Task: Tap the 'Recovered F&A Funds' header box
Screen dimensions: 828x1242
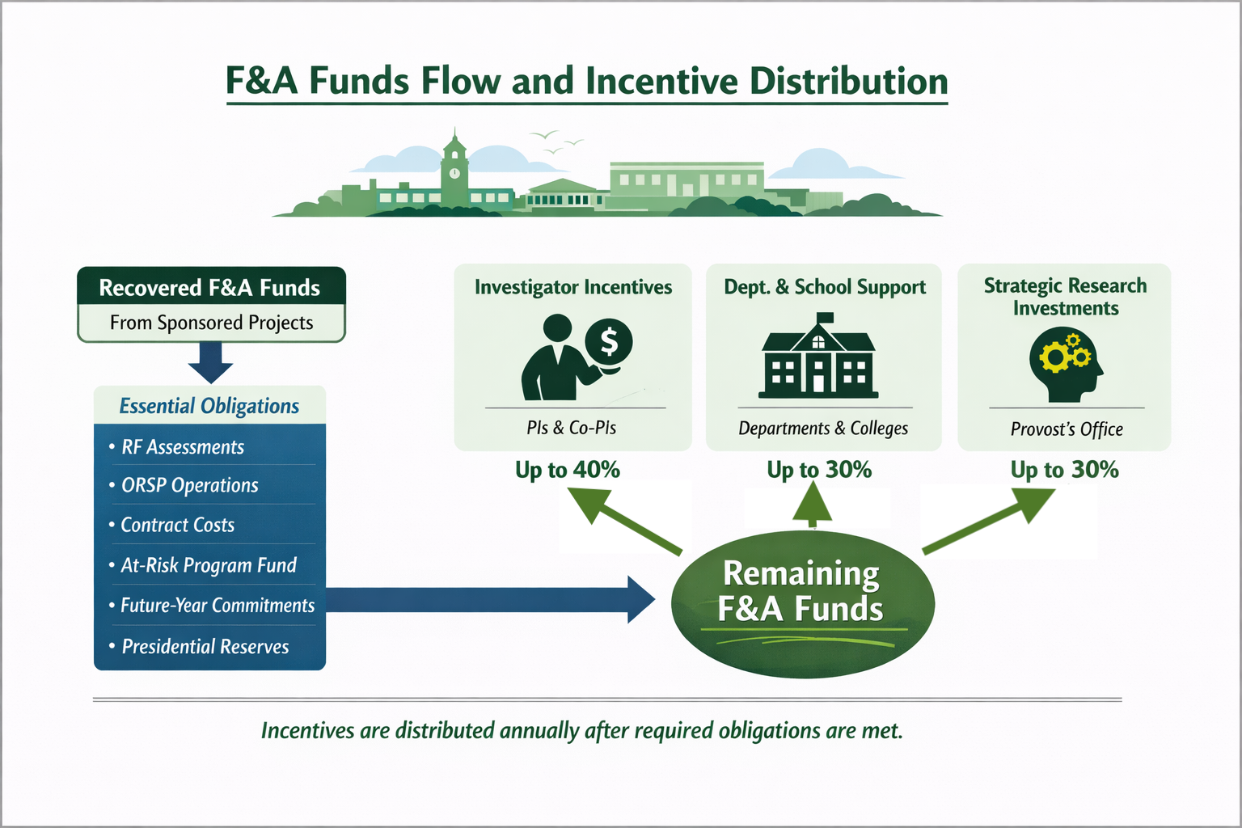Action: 210,287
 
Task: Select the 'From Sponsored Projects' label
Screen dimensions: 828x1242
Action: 211,323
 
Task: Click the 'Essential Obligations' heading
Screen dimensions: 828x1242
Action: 209,406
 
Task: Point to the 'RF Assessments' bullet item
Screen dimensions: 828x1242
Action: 183,447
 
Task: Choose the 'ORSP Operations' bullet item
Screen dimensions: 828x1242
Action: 190,485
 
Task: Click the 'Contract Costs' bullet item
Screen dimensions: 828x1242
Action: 178,525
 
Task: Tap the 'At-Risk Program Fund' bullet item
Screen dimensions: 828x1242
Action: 209,565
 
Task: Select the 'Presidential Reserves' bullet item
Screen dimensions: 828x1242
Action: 205,646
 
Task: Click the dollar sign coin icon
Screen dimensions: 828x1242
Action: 609,343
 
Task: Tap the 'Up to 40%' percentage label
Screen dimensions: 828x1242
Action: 568,470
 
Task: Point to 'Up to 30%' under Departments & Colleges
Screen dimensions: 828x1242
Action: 819,470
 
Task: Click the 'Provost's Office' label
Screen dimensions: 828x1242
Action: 1067,429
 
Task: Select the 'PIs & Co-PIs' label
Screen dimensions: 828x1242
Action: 572,428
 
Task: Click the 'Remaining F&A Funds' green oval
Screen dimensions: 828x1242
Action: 802,603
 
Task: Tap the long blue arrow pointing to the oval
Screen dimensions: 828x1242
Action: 485,600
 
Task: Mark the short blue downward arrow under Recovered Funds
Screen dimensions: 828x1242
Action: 210,361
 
